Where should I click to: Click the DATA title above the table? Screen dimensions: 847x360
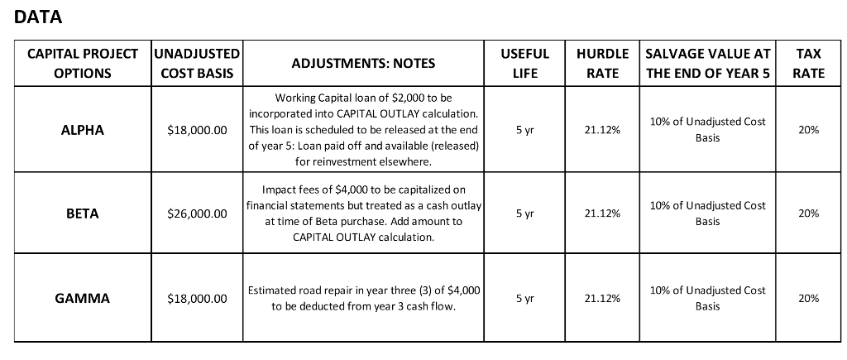coord(39,17)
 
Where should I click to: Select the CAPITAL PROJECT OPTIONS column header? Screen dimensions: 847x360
coord(83,63)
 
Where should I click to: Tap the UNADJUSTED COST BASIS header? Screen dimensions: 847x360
coord(197,63)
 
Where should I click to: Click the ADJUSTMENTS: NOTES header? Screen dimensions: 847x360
coord(363,63)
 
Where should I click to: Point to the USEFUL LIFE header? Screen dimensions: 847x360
coord(524,63)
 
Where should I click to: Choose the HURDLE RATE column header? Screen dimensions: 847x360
coord(602,63)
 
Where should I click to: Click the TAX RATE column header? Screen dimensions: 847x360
coord(808,63)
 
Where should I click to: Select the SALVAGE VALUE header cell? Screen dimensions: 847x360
coord(707,63)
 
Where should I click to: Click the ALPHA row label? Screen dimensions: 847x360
coord(83,130)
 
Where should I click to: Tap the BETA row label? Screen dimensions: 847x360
coord(83,214)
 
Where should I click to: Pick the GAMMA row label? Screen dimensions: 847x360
coord(83,298)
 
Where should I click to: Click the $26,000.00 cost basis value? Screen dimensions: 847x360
coord(197,214)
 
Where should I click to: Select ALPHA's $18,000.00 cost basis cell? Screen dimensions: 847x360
coord(197,130)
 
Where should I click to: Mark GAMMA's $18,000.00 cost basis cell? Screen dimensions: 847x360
coord(197,298)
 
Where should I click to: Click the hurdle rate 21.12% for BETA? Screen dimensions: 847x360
coord(602,214)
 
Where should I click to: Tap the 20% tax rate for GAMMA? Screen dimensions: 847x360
coord(808,298)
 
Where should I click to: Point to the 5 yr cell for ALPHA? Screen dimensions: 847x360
coord(524,130)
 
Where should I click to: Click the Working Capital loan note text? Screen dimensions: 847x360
coord(363,130)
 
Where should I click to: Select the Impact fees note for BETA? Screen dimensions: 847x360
coord(363,214)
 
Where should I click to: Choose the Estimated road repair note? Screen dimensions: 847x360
coord(363,298)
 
